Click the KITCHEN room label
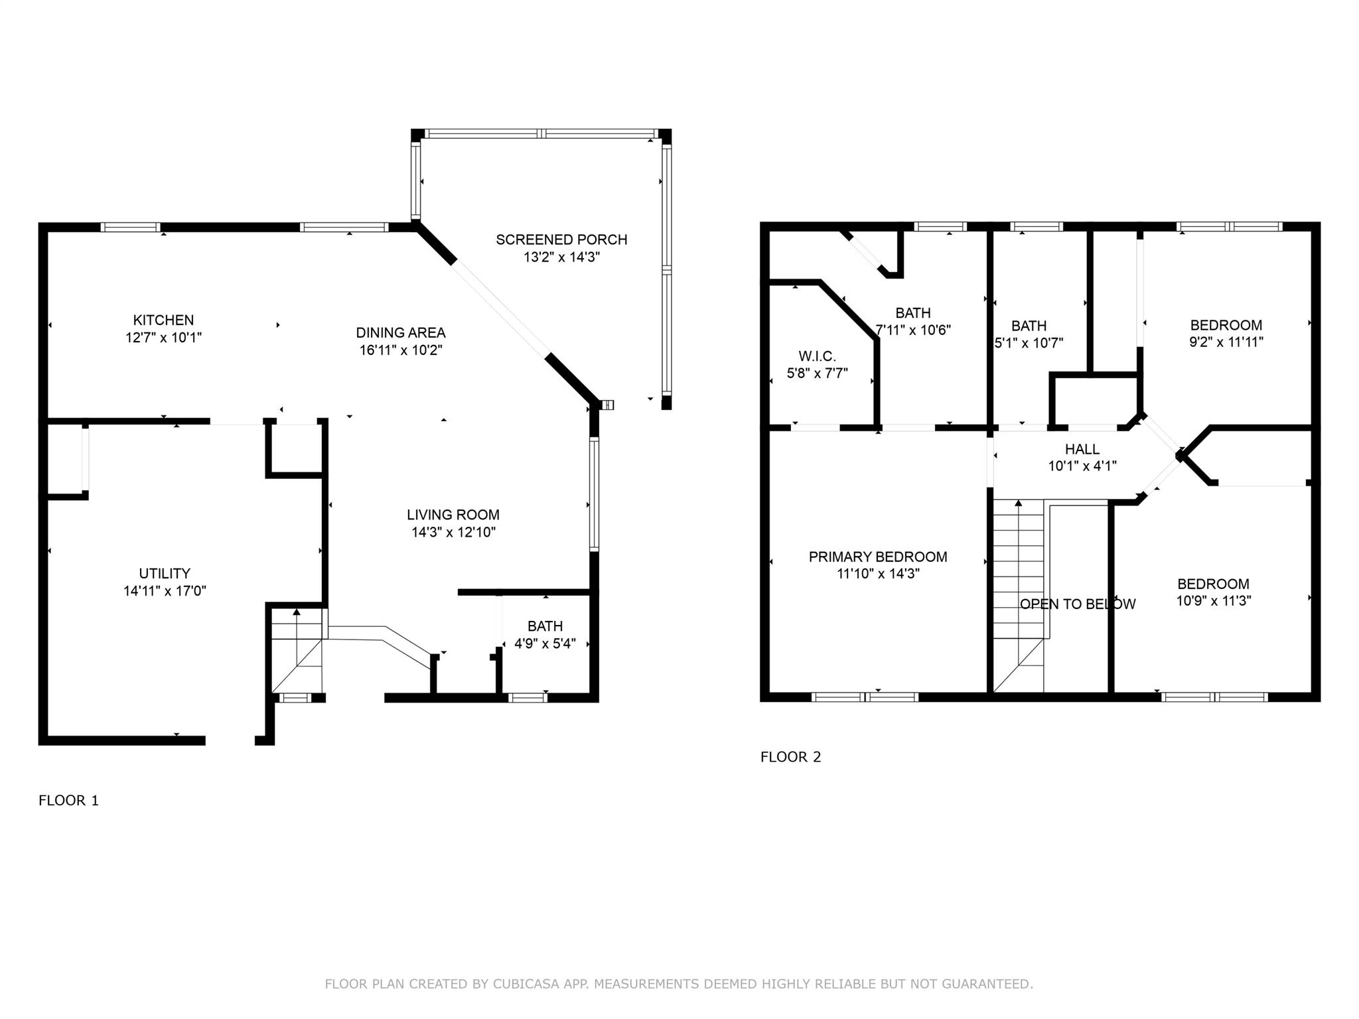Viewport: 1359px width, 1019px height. point(163,320)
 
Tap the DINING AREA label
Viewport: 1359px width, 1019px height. point(401,333)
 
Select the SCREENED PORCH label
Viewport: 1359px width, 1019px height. point(561,239)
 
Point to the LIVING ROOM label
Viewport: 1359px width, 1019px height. point(453,515)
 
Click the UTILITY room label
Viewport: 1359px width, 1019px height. point(165,574)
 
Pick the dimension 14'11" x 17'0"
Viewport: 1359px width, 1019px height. point(165,591)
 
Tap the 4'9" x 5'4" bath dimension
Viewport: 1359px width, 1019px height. point(545,644)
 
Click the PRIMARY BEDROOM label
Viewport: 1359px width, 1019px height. point(878,557)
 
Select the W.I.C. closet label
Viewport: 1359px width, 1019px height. point(817,357)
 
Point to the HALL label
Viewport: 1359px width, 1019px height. point(1082,449)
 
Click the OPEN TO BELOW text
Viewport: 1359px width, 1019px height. point(1078,604)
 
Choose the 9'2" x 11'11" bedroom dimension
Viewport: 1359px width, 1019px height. point(1226,342)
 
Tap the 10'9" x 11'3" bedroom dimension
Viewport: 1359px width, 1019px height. point(1214,601)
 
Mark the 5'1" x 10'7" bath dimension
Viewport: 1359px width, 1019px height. point(1029,343)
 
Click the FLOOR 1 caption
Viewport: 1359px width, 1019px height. point(68,801)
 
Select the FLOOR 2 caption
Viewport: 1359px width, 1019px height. point(790,757)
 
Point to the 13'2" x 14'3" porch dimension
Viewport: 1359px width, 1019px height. point(561,257)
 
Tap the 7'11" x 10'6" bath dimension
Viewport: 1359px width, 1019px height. point(913,330)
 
